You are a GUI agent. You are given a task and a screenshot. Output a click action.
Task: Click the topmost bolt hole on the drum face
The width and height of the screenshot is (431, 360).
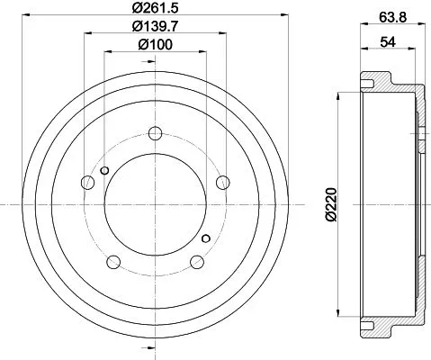(x=155, y=135)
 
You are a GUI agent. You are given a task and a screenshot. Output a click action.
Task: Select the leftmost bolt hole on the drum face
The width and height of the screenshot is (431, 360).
(x=87, y=184)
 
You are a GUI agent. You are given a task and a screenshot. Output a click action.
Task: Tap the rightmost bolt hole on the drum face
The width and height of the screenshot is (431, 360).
(x=222, y=184)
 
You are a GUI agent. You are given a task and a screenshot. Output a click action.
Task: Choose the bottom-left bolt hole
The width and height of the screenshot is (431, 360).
(x=113, y=262)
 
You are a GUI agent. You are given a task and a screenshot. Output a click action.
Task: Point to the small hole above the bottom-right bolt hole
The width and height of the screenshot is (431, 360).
(x=206, y=238)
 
